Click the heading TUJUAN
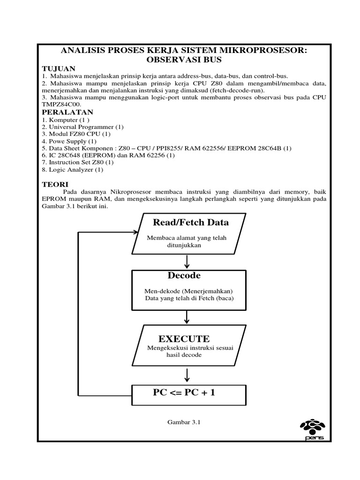click(x=56, y=68)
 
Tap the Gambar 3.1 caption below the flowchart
click(x=184, y=422)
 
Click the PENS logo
click(x=315, y=428)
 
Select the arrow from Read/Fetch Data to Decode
click(x=187, y=261)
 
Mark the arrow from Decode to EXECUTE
click(x=187, y=317)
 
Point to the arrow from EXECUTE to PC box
click(x=187, y=375)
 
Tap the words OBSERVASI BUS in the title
click(x=184, y=60)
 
